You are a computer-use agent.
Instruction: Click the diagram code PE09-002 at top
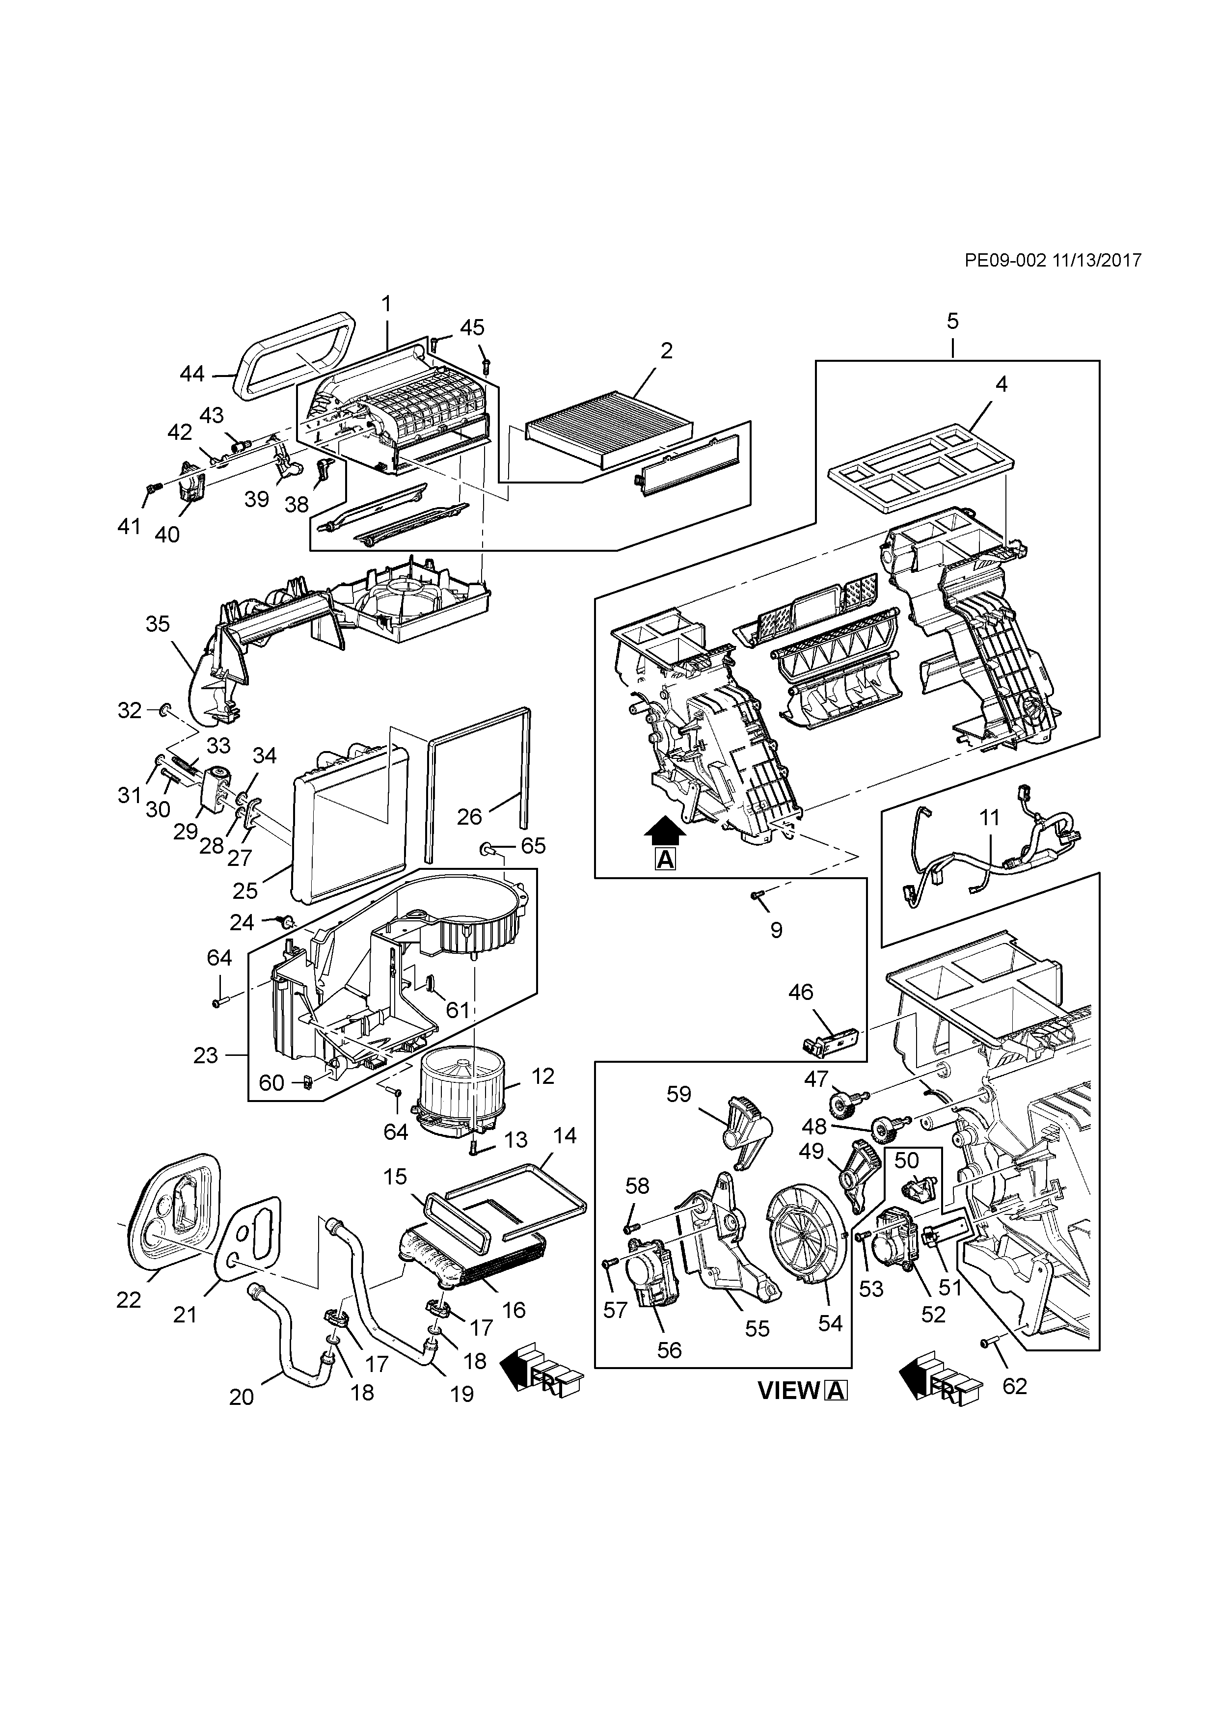click(x=1005, y=260)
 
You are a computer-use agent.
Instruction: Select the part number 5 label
click(x=952, y=321)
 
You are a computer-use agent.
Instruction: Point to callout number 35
click(x=158, y=624)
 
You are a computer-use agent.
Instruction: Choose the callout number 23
click(x=206, y=1055)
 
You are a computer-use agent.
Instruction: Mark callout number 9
click(x=776, y=930)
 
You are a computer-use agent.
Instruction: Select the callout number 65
click(x=533, y=846)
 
